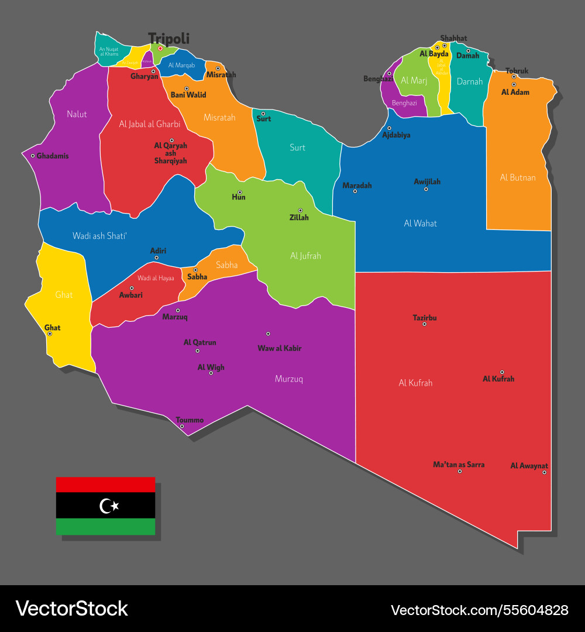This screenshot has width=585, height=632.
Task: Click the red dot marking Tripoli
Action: (160, 49)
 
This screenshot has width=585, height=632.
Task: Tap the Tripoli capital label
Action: (168, 39)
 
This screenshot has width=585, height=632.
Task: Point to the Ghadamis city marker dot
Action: (33, 156)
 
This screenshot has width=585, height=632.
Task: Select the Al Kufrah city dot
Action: (502, 372)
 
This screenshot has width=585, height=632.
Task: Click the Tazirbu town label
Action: (425, 318)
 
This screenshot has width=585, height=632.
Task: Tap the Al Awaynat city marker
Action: (544, 472)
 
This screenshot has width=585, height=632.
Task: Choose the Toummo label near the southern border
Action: (190, 420)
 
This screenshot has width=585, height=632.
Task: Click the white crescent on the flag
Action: (106, 506)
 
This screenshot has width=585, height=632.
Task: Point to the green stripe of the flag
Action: (105, 527)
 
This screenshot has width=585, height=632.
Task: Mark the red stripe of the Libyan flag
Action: (105, 485)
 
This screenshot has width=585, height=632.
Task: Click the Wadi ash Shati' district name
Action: (99, 235)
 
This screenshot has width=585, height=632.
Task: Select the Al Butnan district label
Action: (518, 177)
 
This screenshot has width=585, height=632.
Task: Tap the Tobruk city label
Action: (517, 71)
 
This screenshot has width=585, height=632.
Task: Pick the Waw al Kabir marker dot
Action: (268, 334)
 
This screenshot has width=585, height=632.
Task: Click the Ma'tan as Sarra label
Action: (459, 465)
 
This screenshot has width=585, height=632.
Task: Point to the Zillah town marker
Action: (300, 210)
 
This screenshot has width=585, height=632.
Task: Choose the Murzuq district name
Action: (289, 379)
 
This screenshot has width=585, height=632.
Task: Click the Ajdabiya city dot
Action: (389, 128)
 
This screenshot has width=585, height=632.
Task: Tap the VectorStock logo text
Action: (71, 609)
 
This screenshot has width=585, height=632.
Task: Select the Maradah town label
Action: (357, 186)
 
